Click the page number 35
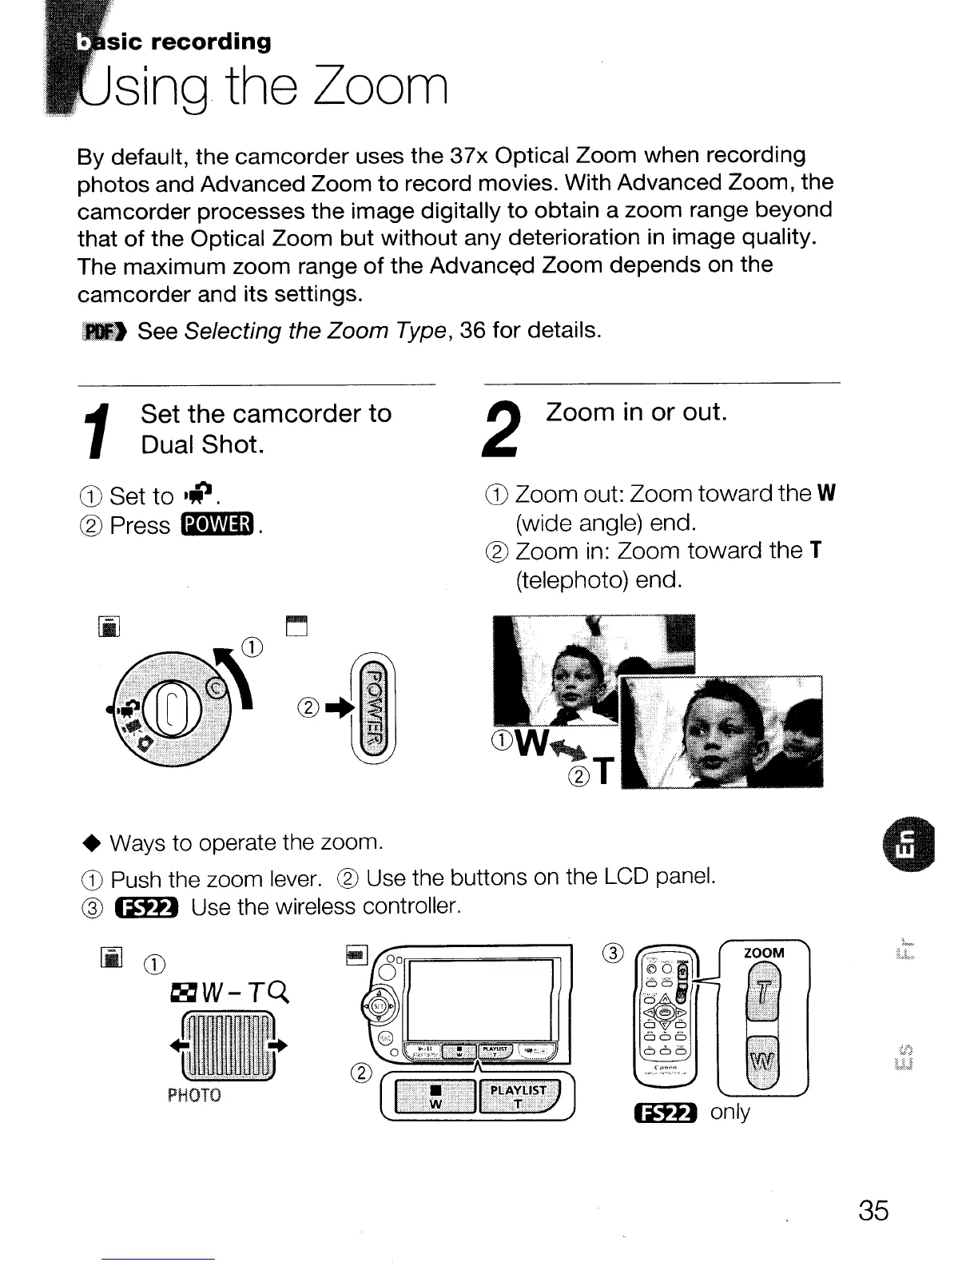tap(873, 1210)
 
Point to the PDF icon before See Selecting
tap(104, 330)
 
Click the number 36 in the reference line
tap(473, 329)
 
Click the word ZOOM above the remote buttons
tap(764, 953)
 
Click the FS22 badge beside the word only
tap(666, 1113)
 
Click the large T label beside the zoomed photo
tap(605, 773)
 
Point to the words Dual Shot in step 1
tap(202, 444)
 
